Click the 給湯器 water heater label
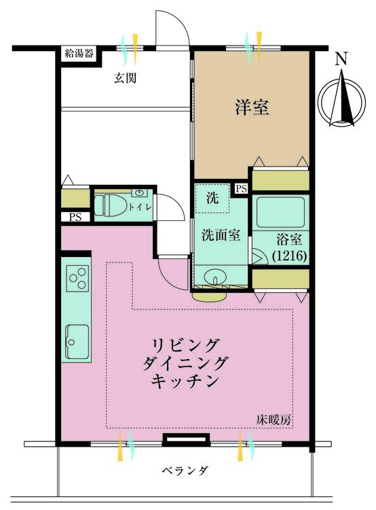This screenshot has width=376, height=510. [x=79, y=54]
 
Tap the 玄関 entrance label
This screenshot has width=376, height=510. [x=125, y=78]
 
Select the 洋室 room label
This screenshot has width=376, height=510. [x=252, y=107]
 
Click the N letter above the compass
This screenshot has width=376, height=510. [x=341, y=59]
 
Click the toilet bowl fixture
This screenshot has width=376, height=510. [x=107, y=205]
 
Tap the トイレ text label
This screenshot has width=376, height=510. [x=140, y=207]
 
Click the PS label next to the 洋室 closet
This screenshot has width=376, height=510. [x=241, y=189]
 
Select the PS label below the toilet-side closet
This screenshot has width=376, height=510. [x=75, y=217]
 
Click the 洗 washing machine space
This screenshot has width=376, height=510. [x=212, y=198]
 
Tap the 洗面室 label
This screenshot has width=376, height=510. [x=221, y=235]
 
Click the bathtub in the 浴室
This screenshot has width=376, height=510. [x=281, y=212]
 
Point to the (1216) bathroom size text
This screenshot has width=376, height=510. [x=289, y=256]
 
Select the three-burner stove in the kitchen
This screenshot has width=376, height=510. [x=77, y=278]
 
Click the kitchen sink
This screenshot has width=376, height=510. [x=77, y=341]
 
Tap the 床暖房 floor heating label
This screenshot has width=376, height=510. [x=274, y=420]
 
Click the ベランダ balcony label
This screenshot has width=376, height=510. [x=185, y=471]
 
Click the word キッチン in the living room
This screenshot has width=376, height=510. [x=185, y=381]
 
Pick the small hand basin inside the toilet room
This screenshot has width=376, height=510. [x=140, y=192]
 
